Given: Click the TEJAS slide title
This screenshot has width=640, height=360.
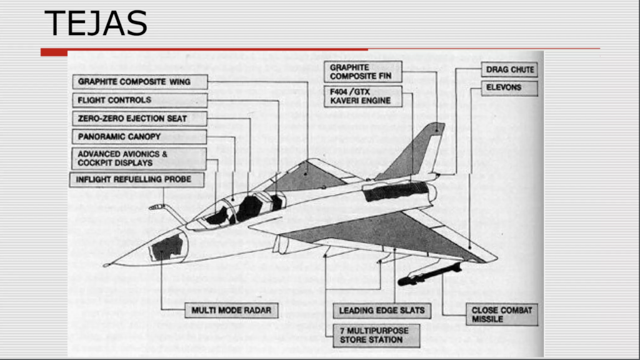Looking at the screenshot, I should point(96,24).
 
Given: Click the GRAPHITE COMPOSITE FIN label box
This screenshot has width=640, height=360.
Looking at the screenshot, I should point(363,72).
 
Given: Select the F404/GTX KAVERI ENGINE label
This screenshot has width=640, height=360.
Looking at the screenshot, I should point(363,96).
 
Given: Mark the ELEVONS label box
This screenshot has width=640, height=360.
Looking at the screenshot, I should point(509,88).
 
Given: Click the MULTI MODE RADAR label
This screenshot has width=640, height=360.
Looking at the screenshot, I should point(231,310).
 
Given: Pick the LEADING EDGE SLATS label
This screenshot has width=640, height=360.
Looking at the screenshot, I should point(382,310).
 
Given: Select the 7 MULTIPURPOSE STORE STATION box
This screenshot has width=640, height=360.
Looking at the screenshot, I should point(375,335).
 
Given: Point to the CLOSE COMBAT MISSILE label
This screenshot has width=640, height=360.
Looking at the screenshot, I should point(502,314).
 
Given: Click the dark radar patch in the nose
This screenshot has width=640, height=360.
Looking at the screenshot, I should point(167,247).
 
